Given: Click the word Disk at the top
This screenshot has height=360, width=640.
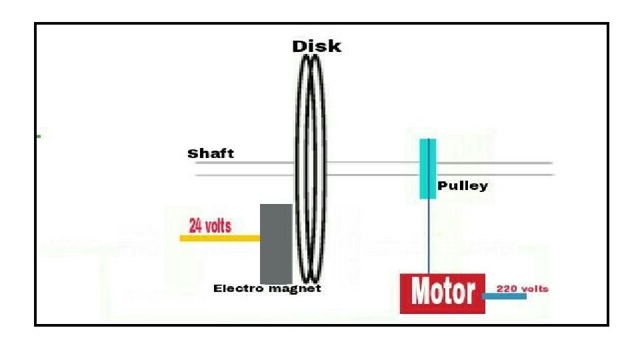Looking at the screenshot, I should [317, 46].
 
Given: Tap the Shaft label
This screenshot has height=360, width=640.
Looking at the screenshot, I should [211, 153].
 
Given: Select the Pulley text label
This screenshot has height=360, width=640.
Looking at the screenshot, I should [463, 186].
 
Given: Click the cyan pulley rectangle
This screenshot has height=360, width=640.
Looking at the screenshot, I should [428, 169].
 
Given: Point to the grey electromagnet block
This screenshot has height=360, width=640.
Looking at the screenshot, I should [276, 244].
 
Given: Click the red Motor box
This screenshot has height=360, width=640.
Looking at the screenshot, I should [443, 293].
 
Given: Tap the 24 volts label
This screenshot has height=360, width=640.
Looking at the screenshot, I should [210, 226].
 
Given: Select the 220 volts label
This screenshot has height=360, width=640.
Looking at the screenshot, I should [523, 289].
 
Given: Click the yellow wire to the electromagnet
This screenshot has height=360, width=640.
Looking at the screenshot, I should [220, 238].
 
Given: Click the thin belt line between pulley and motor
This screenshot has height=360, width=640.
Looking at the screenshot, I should [429, 236].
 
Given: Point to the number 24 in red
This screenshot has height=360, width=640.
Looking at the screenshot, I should [196, 226].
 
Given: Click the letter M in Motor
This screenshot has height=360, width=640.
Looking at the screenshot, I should [421, 293].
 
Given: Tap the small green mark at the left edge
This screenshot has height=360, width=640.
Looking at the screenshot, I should [38, 136].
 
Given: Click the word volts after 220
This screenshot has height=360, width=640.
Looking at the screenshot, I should [535, 289].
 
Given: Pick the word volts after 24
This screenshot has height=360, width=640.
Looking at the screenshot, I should [218, 226].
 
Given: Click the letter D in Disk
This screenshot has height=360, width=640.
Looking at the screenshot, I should [299, 46].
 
